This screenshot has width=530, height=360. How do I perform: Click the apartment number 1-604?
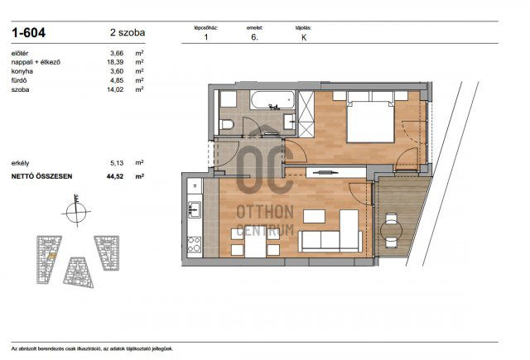point(30,33)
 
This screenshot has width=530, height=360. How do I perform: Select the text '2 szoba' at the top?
point(127,33)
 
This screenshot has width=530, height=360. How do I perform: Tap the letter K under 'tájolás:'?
point(304,36)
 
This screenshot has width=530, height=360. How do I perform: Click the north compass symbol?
point(75,209)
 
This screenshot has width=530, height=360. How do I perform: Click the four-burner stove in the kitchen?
point(194,243)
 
